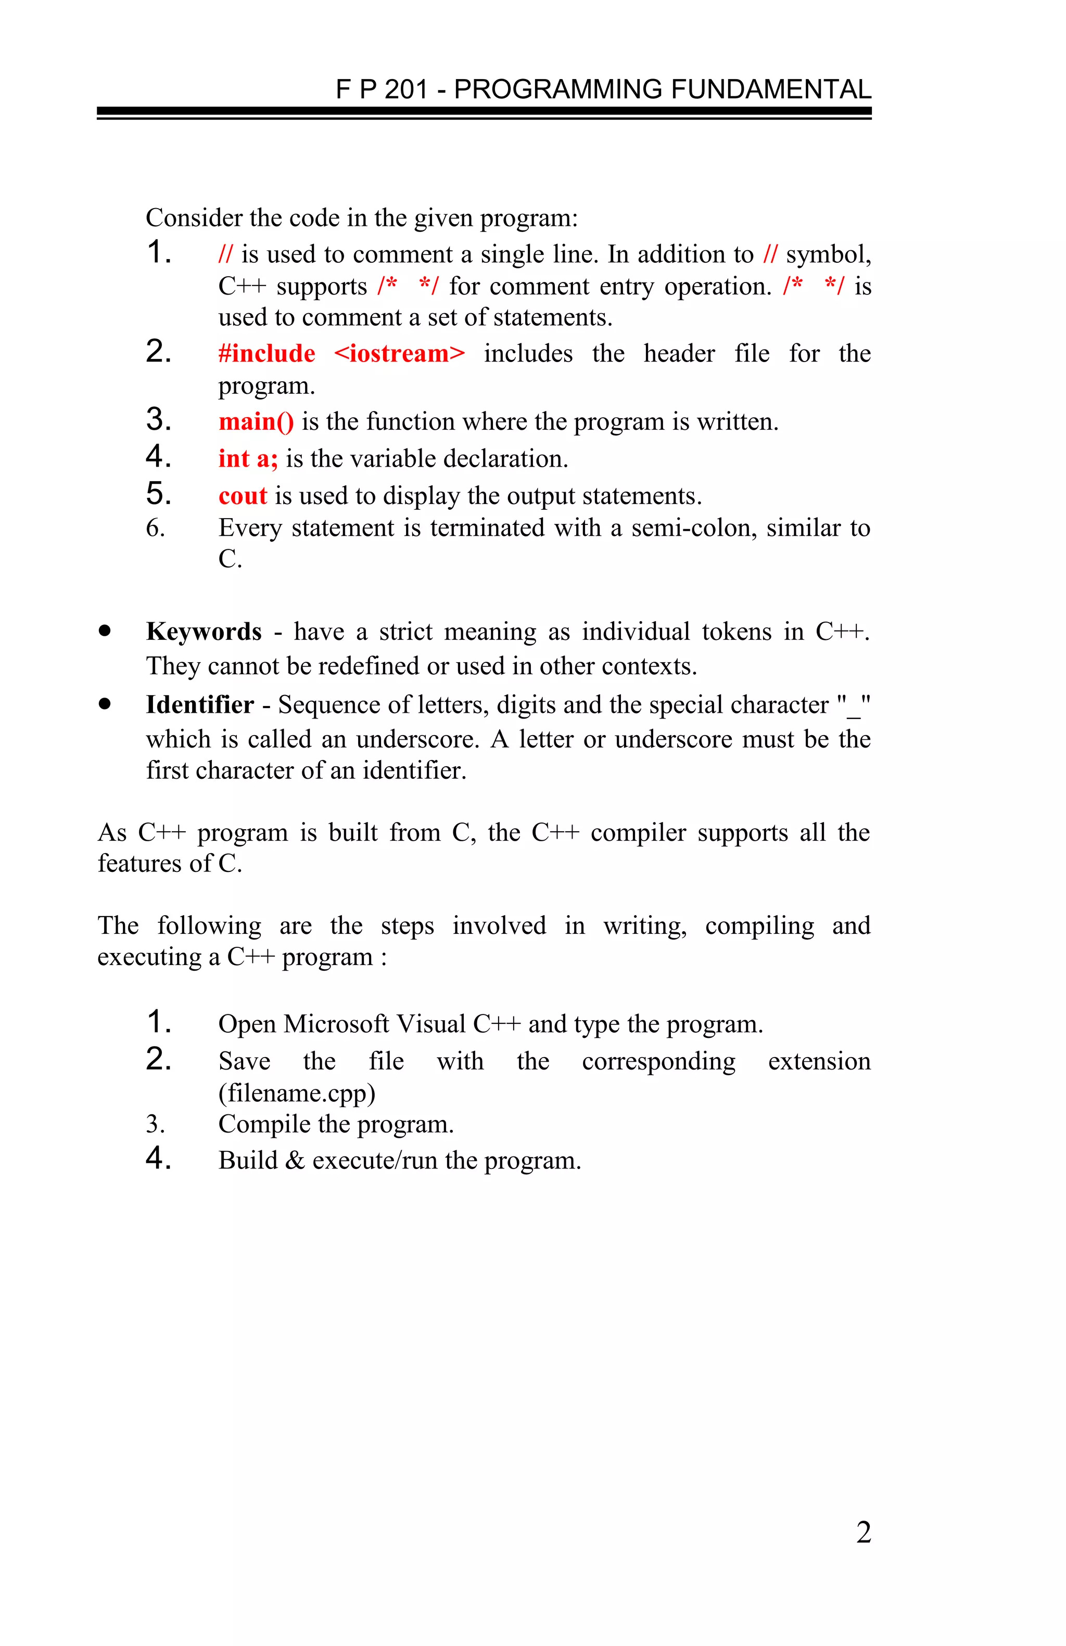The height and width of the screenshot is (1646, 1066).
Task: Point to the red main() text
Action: [x=256, y=421]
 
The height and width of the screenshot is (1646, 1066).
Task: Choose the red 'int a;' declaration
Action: [x=248, y=458]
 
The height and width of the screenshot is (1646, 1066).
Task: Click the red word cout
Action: [x=242, y=496]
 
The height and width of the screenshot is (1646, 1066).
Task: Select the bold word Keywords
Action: [x=204, y=632]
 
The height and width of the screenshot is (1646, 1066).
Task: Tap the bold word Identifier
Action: [x=200, y=705]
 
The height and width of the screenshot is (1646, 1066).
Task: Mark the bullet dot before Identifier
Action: [x=105, y=704]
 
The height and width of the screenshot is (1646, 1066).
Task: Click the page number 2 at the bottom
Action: [x=862, y=1533]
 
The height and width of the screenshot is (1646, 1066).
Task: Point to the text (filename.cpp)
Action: [x=297, y=1092]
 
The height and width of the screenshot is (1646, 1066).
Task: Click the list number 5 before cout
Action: [x=158, y=495]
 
